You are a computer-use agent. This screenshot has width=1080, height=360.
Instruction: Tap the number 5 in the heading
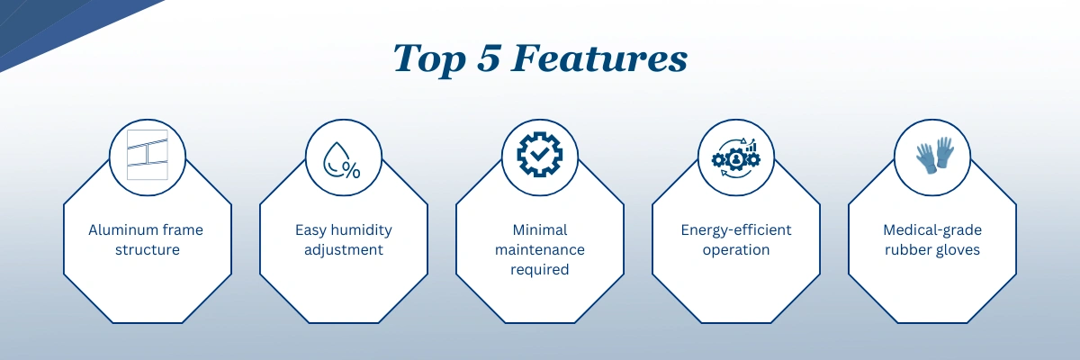pyautogui.click(x=489, y=58)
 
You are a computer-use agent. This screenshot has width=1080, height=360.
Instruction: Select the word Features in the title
pyautogui.click(x=599, y=58)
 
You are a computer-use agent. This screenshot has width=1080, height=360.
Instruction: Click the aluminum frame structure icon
pyautogui.click(x=148, y=155)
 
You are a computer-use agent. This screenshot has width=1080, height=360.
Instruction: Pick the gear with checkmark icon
pyautogui.click(x=539, y=154)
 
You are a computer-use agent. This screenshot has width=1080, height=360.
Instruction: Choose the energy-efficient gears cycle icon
pyautogui.click(x=736, y=157)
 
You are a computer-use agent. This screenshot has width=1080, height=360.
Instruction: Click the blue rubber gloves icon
pyautogui.click(x=935, y=155)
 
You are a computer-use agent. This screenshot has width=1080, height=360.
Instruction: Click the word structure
pyautogui.click(x=148, y=249)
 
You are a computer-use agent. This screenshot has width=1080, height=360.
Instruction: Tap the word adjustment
pyautogui.click(x=343, y=250)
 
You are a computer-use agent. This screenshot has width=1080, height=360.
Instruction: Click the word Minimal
pyautogui.click(x=540, y=229)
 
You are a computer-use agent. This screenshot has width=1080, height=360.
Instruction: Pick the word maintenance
pyautogui.click(x=540, y=249)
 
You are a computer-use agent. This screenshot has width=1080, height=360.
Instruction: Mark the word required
pyautogui.click(x=540, y=270)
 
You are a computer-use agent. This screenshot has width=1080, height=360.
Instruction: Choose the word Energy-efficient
pyautogui.click(x=736, y=230)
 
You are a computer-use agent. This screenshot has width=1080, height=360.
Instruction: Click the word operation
pyautogui.click(x=736, y=250)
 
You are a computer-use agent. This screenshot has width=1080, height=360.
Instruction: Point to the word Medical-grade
pyautogui.click(x=932, y=230)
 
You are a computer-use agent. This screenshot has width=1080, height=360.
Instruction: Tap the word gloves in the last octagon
pyautogui.click(x=958, y=250)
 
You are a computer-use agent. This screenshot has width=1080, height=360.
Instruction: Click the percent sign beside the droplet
pyautogui.click(x=351, y=169)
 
